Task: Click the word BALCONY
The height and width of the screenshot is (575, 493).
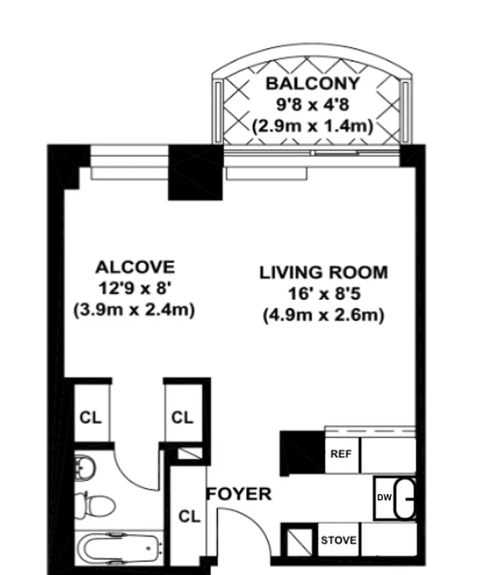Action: [311, 83]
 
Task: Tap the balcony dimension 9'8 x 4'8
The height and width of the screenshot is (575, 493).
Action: [311, 104]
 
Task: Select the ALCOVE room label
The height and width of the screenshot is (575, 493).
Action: [134, 267]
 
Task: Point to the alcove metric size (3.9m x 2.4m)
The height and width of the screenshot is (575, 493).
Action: [134, 310]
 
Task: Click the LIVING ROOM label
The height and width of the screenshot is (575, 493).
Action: [323, 272]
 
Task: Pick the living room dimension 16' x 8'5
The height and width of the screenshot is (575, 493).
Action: [323, 293]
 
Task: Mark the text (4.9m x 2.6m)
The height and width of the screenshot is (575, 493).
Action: [323, 315]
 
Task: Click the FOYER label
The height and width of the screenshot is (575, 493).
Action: [239, 494]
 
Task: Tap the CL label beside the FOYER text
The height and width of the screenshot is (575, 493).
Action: [189, 516]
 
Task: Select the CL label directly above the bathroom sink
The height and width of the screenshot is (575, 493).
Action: [91, 417]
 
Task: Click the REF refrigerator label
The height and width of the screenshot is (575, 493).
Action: [340, 454]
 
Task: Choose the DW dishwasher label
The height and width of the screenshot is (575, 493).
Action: [383, 497]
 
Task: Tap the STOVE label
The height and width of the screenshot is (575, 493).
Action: [338, 540]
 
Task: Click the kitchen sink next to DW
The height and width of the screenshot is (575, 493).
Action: [406, 497]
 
